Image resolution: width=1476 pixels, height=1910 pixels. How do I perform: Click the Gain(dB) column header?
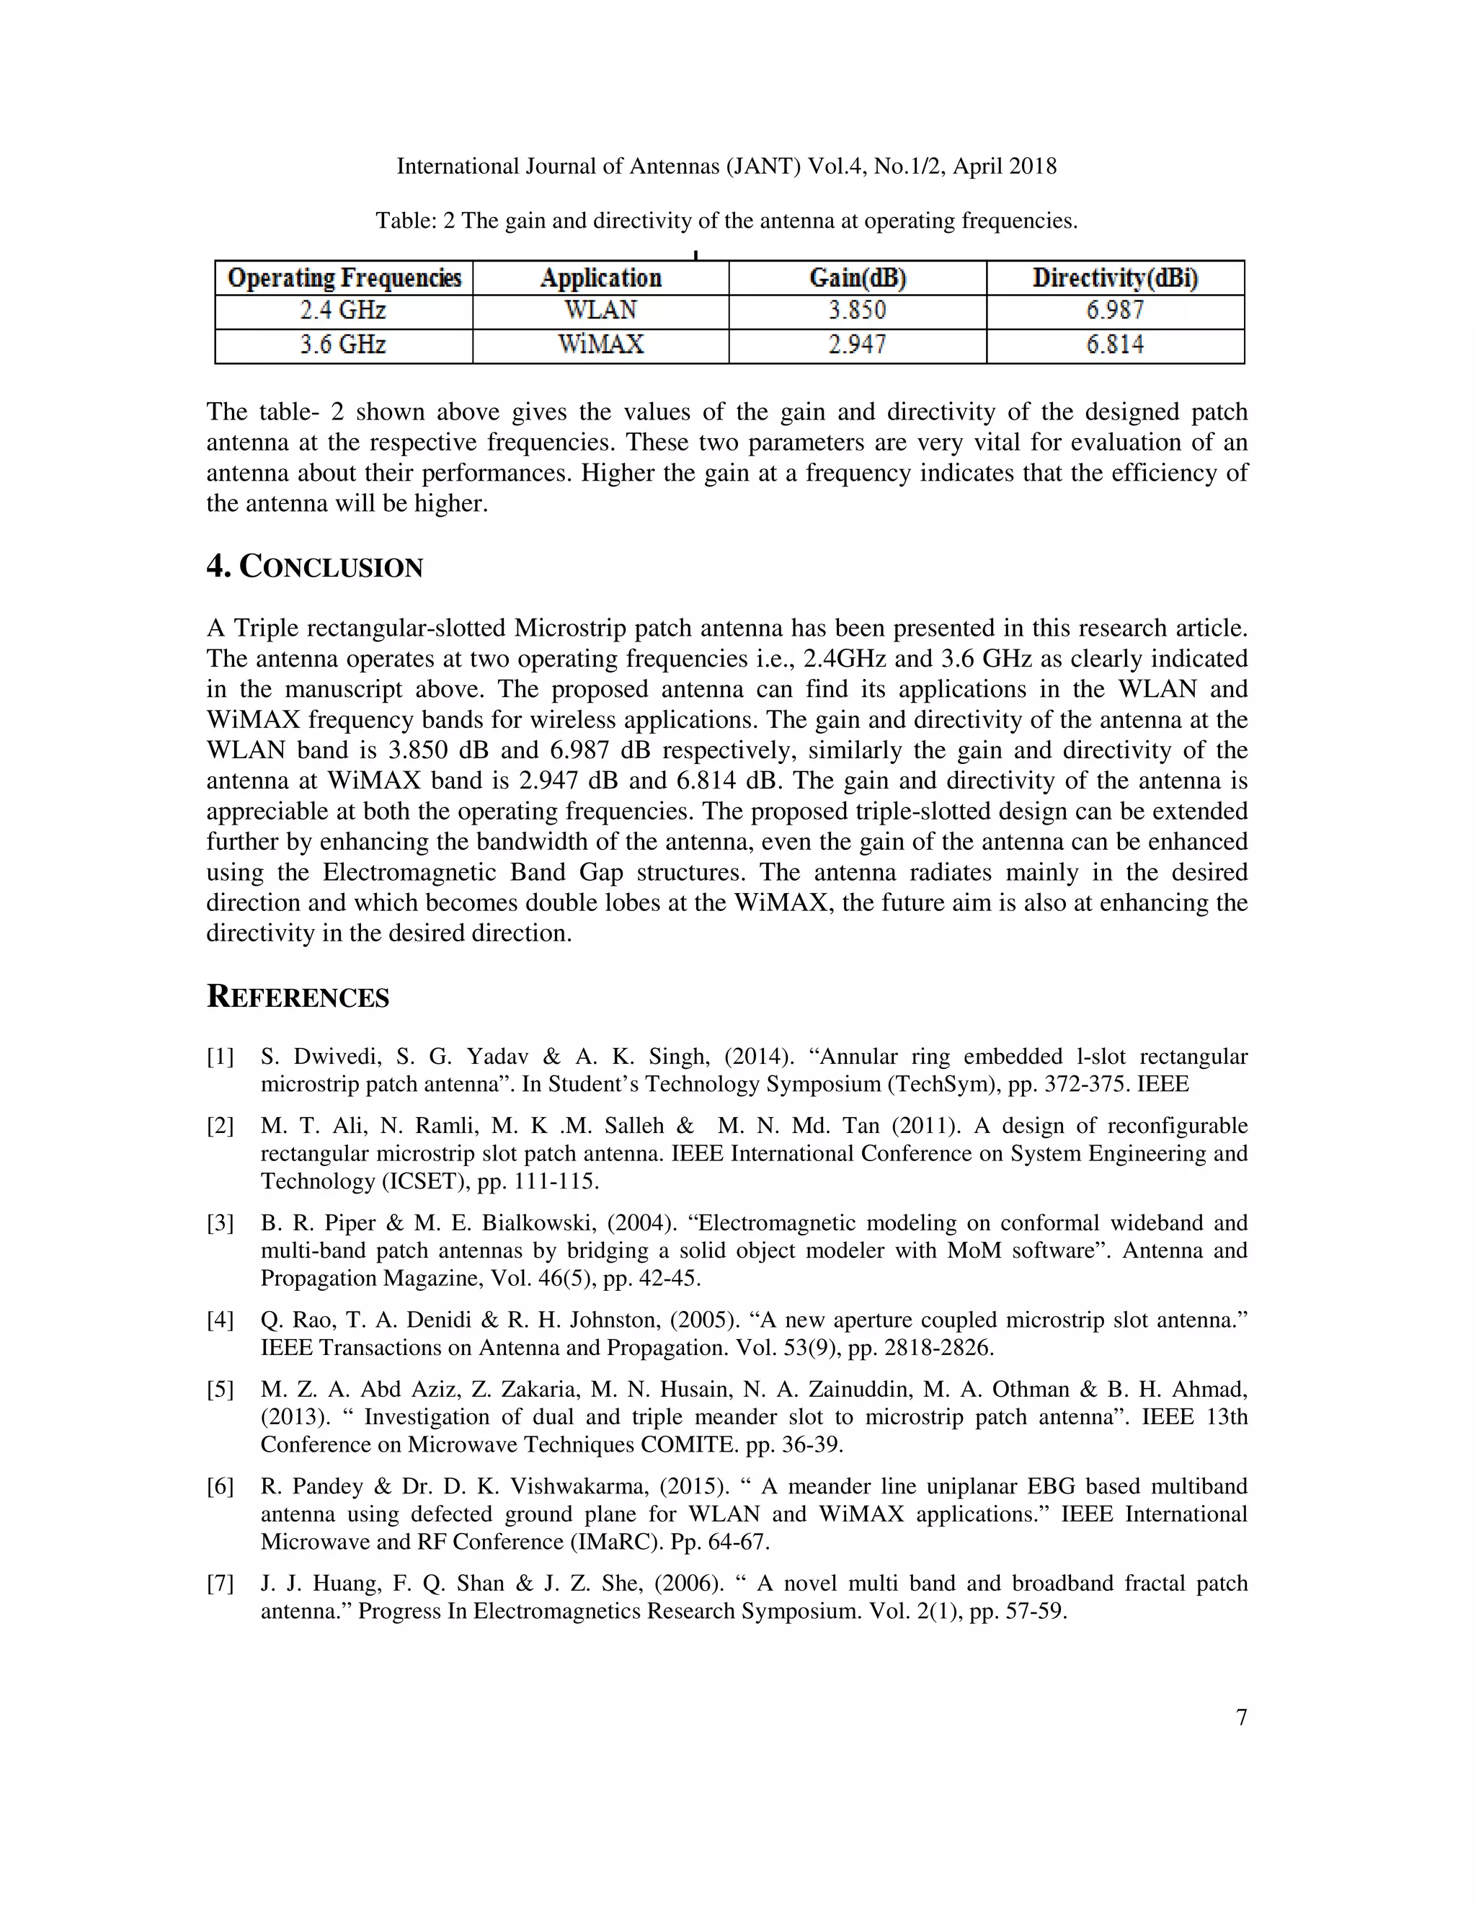[858, 278]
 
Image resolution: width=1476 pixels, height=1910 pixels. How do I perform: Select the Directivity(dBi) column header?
[1115, 278]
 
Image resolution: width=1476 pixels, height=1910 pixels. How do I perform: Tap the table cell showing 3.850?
[858, 311]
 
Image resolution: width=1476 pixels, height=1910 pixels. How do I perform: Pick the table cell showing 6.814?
[1115, 345]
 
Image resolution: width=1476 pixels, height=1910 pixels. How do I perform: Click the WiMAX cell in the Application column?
[601, 345]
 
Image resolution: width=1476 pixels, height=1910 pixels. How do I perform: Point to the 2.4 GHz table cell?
[343, 311]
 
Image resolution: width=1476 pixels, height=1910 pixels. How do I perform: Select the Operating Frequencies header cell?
[344, 278]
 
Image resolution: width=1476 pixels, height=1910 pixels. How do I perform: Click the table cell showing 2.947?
[858, 345]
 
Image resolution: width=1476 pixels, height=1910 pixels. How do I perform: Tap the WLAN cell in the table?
[601, 311]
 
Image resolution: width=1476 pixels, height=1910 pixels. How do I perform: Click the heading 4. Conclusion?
[315, 567]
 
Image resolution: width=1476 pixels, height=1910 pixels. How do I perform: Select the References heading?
[298, 997]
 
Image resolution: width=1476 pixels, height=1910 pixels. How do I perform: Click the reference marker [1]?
[221, 1057]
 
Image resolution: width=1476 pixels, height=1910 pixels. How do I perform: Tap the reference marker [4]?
[221, 1320]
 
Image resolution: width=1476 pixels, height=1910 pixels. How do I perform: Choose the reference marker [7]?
[221, 1583]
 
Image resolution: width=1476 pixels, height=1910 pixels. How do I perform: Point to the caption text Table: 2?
[415, 221]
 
